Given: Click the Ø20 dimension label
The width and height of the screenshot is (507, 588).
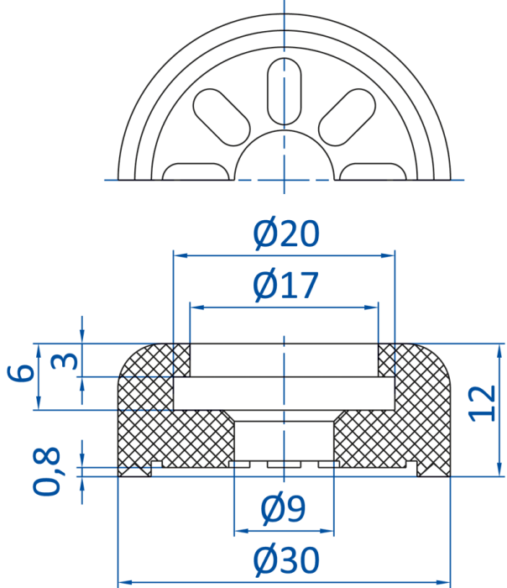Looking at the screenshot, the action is pyautogui.click(x=286, y=234).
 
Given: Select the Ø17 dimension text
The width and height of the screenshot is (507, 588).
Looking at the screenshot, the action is pyautogui.click(x=286, y=285).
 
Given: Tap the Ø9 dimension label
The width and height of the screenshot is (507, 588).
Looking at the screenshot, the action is pyautogui.click(x=283, y=508).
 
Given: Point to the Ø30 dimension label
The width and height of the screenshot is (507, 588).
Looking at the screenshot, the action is pyautogui.click(x=287, y=560).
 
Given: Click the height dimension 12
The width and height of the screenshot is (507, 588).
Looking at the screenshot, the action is pyautogui.click(x=483, y=403).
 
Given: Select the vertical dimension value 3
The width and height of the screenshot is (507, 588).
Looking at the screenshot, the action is pyautogui.click(x=65, y=360).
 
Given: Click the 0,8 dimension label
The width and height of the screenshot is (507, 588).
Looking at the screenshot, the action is pyautogui.click(x=46, y=471).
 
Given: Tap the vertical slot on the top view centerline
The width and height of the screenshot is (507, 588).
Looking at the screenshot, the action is pyautogui.click(x=284, y=91).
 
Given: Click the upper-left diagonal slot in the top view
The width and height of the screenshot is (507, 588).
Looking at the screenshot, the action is pyautogui.click(x=222, y=118).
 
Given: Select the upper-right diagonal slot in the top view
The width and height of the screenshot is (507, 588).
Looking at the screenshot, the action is pyautogui.click(x=347, y=118).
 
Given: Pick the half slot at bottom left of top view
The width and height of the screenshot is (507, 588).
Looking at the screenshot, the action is pyautogui.click(x=196, y=171).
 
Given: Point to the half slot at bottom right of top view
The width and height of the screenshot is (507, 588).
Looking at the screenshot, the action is pyautogui.click(x=373, y=171).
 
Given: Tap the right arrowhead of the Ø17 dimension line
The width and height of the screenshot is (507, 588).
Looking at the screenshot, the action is pyautogui.click(x=371, y=307).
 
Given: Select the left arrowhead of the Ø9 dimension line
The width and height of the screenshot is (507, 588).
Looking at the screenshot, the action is pyautogui.click(x=241, y=531).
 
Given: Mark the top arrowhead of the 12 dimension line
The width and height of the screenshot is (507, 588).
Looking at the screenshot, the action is pyautogui.click(x=499, y=350).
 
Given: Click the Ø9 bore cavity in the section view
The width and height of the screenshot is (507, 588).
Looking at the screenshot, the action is pyautogui.click(x=284, y=441).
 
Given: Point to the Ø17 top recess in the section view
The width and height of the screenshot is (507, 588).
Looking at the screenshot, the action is pyautogui.click(x=284, y=360).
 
